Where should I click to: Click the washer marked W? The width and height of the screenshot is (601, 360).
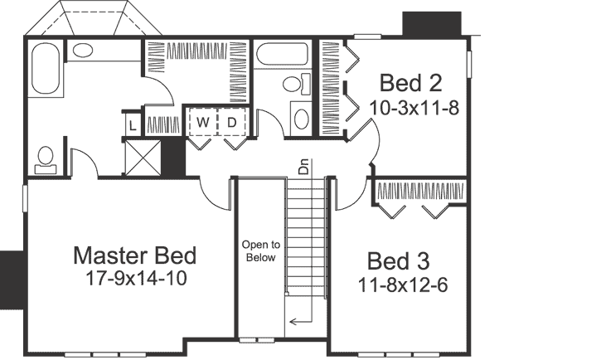tap(201, 123)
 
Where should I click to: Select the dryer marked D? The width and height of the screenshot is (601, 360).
tap(232, 123)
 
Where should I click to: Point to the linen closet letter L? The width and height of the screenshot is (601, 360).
tap(133, 125)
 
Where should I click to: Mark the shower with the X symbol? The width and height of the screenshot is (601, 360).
tap(142, 156)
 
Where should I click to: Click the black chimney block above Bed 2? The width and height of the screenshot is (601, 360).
tap(431, 23)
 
